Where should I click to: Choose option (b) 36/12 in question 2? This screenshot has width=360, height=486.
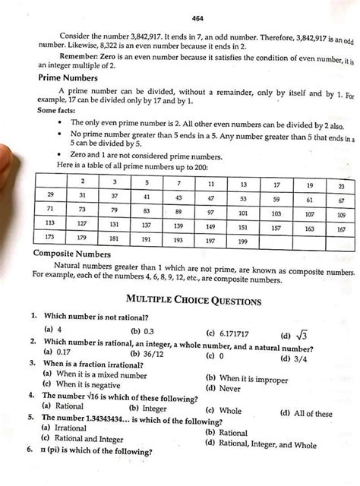(x=146, y=354)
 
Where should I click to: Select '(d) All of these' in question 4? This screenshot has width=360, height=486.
(x=306, y=414)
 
